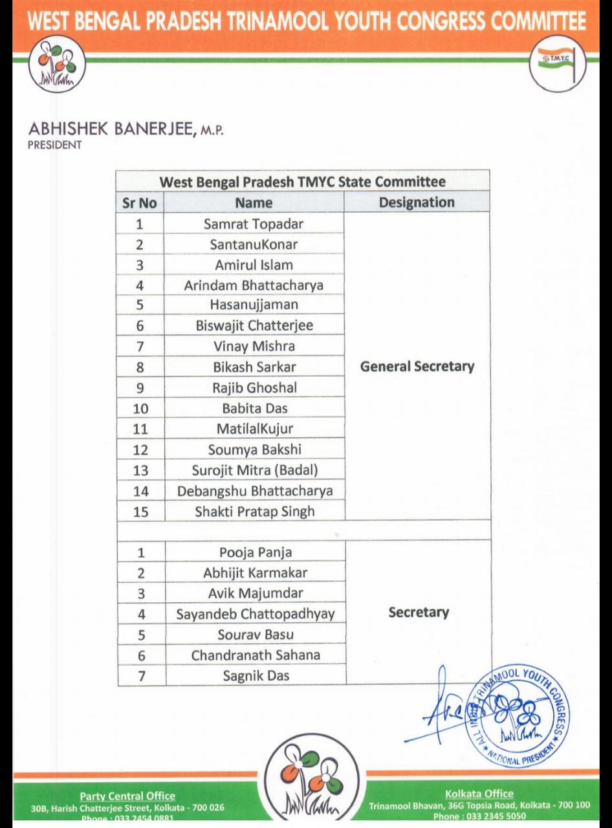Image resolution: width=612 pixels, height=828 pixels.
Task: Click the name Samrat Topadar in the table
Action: coord(254,224)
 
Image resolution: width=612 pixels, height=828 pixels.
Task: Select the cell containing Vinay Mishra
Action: coord(254,346)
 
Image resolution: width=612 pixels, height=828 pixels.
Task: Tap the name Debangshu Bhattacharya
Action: coord(255,491)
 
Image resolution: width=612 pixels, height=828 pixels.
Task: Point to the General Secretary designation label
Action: coord(417,366)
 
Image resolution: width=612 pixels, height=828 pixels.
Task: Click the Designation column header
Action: coord(417,202)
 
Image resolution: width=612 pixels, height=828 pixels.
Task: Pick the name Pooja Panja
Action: coord(256,552)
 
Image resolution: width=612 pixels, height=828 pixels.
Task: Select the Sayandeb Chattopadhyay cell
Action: coord(256,614)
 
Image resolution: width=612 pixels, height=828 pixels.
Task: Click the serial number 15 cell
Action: coord(140,512)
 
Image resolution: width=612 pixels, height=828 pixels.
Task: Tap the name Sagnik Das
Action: coord(256,676)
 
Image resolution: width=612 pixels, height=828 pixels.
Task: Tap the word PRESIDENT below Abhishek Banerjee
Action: coord(55,145)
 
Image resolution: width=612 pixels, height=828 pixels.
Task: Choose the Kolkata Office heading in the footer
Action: coord(479,794)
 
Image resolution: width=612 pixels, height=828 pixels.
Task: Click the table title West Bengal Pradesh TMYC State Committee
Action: coord(302,182)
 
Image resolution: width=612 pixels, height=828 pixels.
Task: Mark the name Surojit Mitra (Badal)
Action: coord(255,470)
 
